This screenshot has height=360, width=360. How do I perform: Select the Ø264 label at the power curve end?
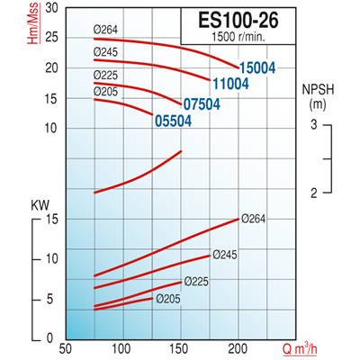point(255,219)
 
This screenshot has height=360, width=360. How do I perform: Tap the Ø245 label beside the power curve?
point(225,256)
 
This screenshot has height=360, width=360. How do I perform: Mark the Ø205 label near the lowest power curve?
point(168,299)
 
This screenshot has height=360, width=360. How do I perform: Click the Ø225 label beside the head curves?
point(106,76)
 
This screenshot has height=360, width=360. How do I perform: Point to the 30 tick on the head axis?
point(51,8)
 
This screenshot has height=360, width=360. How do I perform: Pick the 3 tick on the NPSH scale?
point(315,124)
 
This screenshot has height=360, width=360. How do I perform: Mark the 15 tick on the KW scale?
point(51,219)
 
